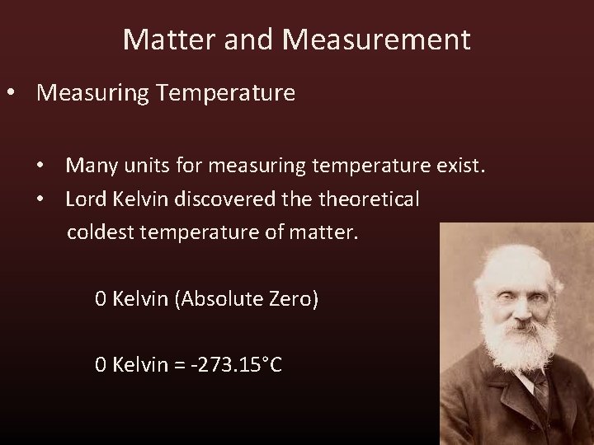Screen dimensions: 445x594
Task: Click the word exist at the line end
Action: pyautogui.click(x=462, y=166)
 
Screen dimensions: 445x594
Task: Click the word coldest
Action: pyautogui.click(x=101, y=232)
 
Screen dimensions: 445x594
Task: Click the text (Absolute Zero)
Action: pyautogui.click(x=246, y=299)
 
